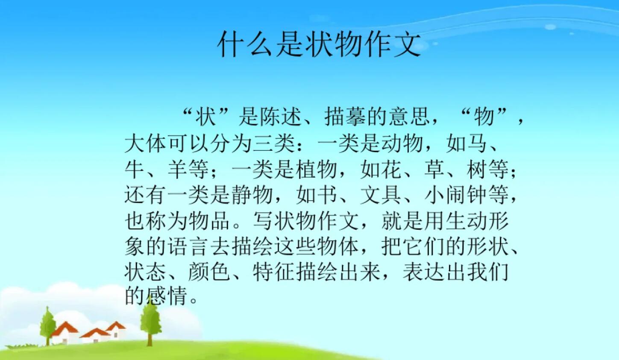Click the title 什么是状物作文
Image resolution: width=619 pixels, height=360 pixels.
tap(319, 44)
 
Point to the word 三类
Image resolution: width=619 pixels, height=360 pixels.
tap(275, 143)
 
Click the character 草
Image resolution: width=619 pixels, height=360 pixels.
tap(434, 170)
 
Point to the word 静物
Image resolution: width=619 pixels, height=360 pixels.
tap(253, 195)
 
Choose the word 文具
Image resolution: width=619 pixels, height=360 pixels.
tap(381, 195)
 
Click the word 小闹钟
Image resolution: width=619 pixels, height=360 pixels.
tap(456, 195)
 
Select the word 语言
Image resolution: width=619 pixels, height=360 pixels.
tap(189, 247)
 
